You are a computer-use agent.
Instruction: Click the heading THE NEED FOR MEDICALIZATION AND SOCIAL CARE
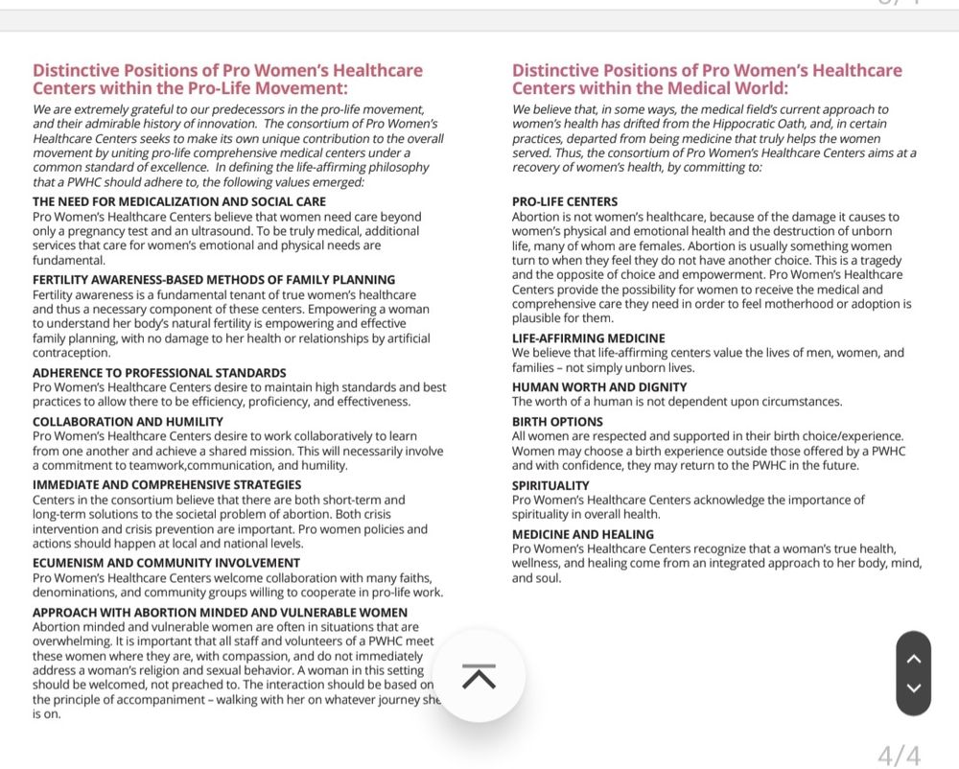pos(179,202)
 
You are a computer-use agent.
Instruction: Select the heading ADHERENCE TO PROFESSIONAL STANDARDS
pos(159,373)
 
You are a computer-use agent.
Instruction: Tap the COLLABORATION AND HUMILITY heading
pos(128,422)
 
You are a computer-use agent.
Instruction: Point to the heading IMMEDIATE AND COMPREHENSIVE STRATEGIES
pos(167,485)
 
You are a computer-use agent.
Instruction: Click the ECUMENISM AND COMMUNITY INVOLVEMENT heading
pos(166,563)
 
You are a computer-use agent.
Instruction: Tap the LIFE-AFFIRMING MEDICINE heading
pos(588,338)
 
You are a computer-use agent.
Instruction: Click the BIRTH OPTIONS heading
pos(557,422)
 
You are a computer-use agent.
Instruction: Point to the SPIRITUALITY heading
pos(550,486)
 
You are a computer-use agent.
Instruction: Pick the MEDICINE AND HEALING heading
pos(583,535)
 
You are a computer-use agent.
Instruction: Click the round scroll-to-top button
pos(479,676)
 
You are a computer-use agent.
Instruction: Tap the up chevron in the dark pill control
pos(913,658)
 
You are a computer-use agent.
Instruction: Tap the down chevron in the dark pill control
pos(913,688)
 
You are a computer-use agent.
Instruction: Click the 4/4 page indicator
pos(899,756)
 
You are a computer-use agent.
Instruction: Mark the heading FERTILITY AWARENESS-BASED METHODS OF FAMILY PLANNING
pos(213,280)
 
